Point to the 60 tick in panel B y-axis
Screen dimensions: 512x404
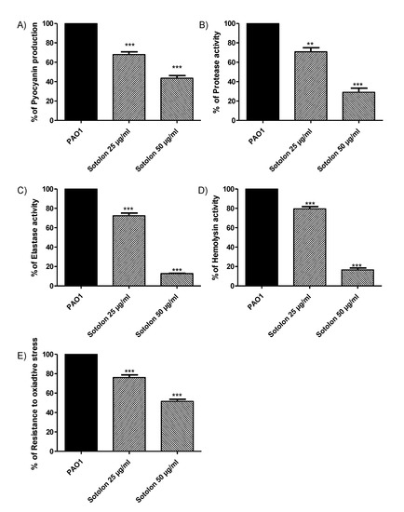point(242,61)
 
